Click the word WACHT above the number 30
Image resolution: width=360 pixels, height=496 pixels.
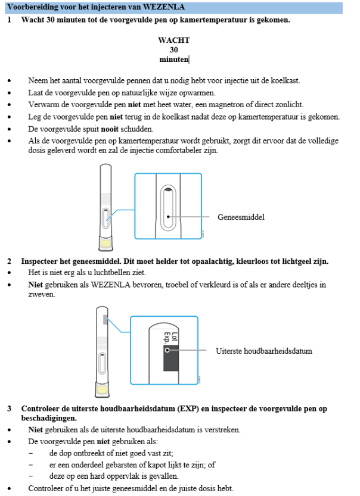(174, 40)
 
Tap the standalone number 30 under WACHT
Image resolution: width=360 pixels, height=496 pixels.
(174, 50)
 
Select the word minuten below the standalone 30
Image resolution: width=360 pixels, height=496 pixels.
(174, 60)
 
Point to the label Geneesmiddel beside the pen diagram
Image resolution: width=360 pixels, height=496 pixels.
(241, 217)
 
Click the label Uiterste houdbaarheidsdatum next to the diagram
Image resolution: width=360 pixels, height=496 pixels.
(264, 351)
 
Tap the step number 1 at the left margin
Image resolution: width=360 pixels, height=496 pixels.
(10, 20)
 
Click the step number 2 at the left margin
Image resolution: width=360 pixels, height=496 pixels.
(10, 261)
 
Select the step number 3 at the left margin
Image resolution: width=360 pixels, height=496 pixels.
(10, 409)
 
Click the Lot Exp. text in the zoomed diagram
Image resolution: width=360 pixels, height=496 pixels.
(167, 336)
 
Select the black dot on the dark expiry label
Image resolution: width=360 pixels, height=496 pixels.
(167, 351)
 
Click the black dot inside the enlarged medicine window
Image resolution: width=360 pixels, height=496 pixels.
(169, 217)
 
